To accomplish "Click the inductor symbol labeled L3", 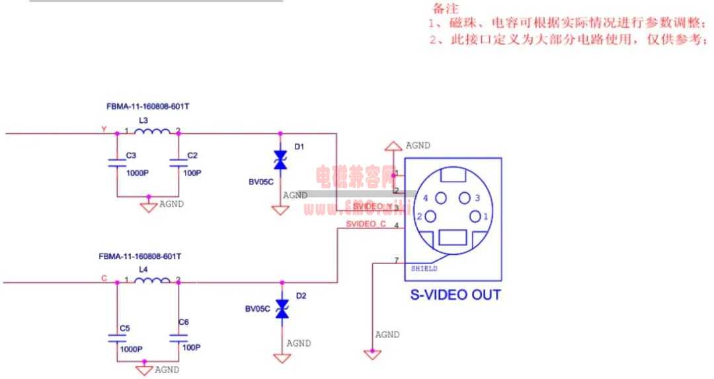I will click(152, 133).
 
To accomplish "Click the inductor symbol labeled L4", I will click(152, 282).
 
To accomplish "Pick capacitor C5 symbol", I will click(117, 338).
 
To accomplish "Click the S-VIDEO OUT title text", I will click(456, 294).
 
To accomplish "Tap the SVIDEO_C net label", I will click(366, 224).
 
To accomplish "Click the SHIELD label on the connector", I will click(424, 269).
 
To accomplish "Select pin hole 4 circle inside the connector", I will click(441, 197).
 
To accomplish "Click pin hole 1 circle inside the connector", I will click(476, 217).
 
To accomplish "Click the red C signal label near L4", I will click(104, 279).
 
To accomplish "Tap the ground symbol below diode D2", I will click(283, 358).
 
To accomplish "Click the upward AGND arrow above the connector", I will click(393, 145).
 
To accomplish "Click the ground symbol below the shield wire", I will click(372, 355).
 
